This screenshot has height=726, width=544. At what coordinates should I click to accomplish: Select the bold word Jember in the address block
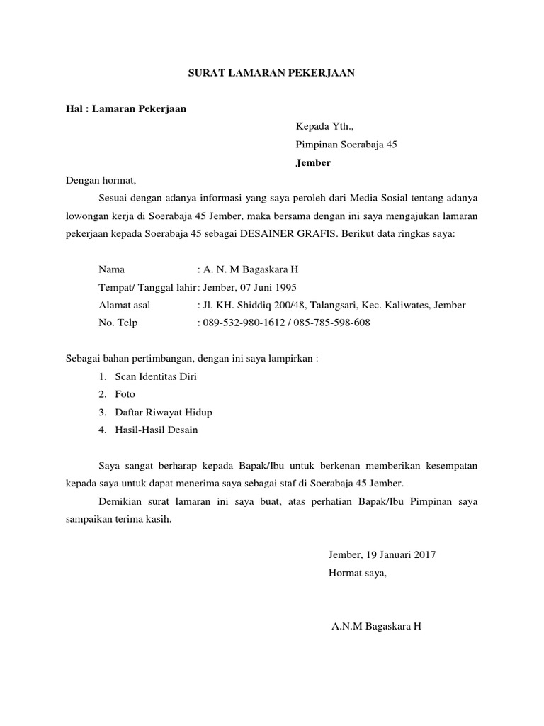coord(313,162)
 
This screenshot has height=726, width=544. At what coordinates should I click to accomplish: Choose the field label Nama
coord(112,269)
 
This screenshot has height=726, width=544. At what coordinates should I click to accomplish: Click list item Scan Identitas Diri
coord(151,376)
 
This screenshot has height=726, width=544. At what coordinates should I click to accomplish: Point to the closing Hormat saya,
coord(357,573)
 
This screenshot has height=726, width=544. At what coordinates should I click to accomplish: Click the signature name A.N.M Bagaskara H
coord(376,627)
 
